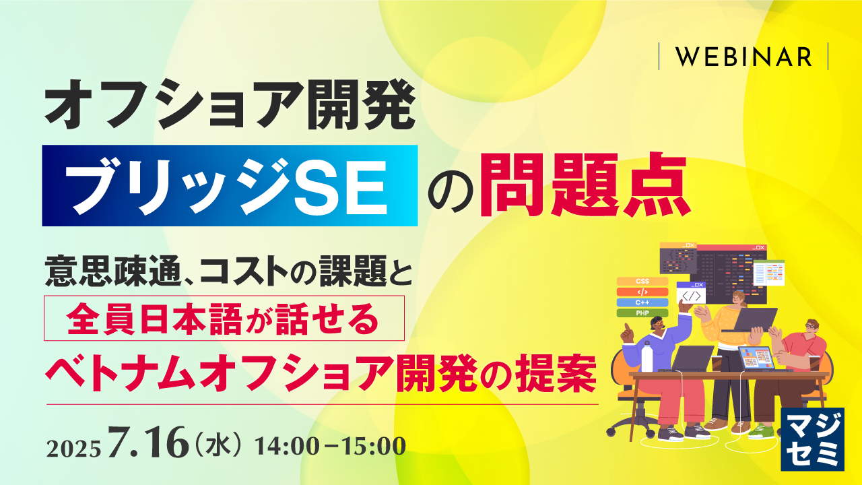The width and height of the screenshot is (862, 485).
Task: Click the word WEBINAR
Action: tap(743, 57)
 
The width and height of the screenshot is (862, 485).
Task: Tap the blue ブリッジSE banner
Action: tap(229, 185)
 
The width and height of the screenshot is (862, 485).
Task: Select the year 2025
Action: tap(74, 447)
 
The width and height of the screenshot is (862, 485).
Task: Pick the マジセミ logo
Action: tap(811, 438)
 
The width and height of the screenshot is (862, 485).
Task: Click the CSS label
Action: tap(642, 281)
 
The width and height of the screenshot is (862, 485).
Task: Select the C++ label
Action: tap(642, 302)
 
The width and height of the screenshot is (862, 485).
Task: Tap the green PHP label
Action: tap(642, 313)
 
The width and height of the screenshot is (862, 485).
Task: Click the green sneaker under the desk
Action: tap(761, 431)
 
